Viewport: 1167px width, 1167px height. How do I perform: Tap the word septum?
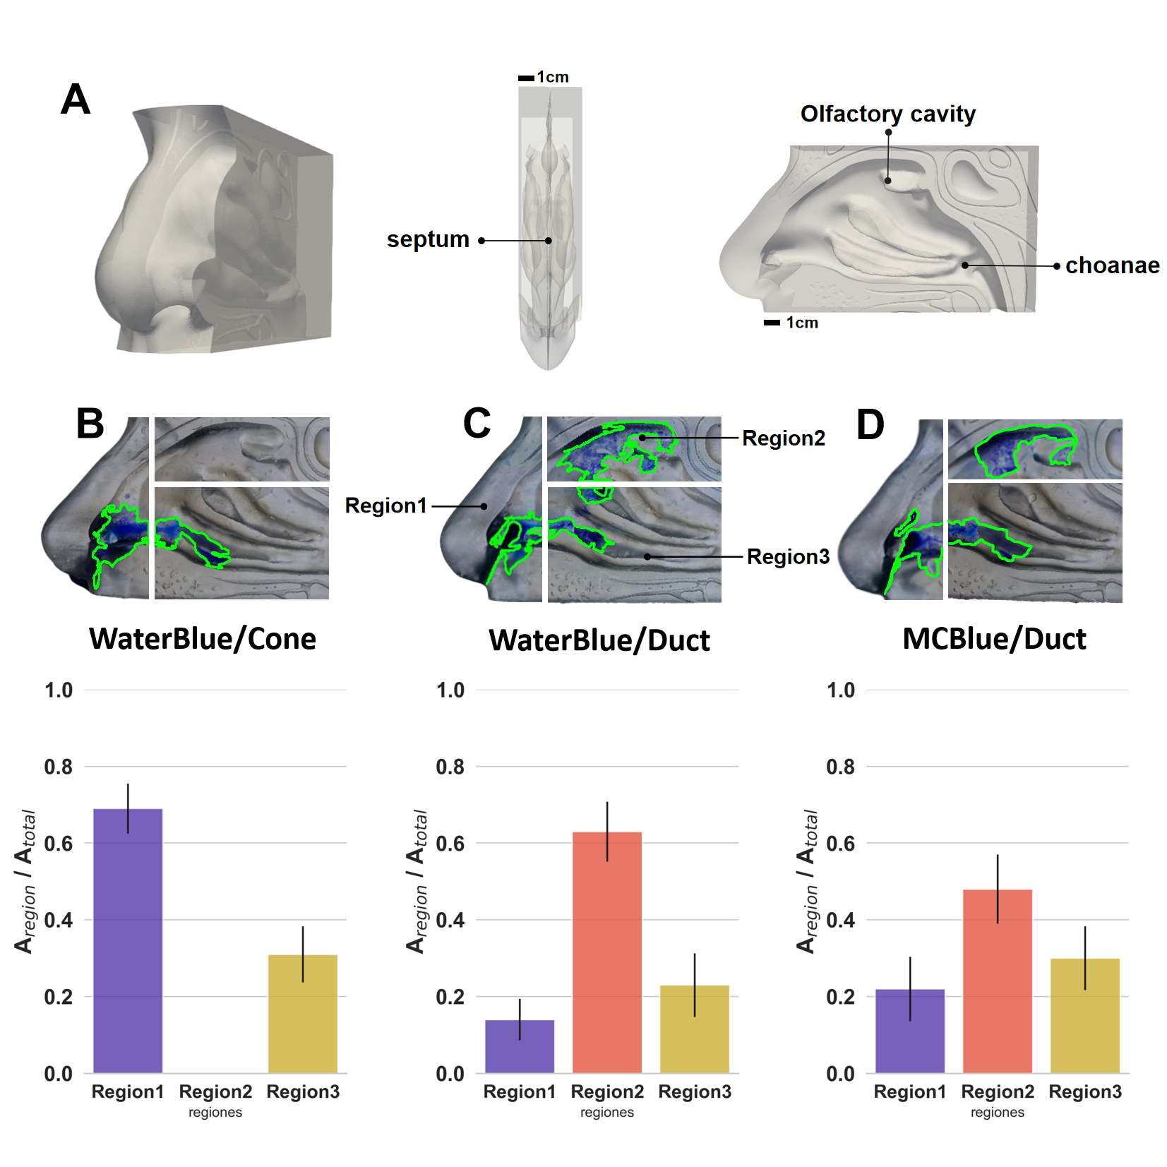pos(428,240)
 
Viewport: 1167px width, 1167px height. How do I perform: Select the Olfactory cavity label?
pos(887,114)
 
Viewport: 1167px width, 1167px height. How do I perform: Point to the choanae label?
pos(1112,265)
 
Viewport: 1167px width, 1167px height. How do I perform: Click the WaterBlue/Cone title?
pos(203,639)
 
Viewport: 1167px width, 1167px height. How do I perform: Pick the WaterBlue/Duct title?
pos(599,640)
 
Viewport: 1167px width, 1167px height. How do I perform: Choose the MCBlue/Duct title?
pos(994,639)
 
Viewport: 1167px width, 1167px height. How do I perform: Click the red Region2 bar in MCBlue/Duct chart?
pos(997,981)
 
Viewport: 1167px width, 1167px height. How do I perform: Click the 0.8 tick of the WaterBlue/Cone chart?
pos(59,767)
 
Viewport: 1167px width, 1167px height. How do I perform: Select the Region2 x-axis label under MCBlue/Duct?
pos(997,1091)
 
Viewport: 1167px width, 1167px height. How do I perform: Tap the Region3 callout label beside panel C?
pos(788,557)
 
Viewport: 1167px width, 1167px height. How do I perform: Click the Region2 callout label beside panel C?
pos(784,438)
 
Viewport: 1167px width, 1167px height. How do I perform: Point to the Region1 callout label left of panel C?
pos(386,505)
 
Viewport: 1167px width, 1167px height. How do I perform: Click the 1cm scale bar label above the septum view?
pos(552,77)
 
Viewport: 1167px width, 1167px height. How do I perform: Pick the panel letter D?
pos(870,425)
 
